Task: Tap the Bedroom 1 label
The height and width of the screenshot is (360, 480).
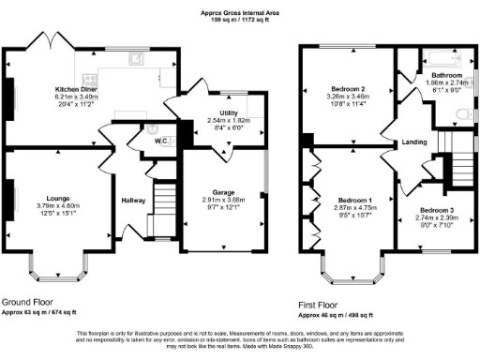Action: pos(355,201)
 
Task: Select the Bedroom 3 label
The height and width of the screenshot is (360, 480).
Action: pos(436,209)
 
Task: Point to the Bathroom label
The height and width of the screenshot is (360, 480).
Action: pos(446,74)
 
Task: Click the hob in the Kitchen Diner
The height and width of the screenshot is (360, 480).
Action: pos(92,81)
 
